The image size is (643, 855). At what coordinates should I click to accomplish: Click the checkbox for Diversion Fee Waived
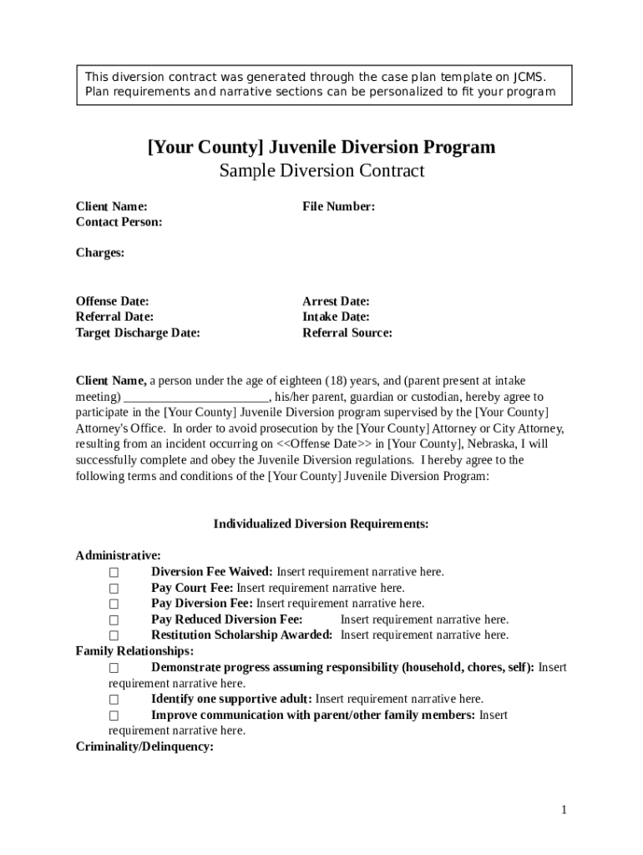(x=114, y=573)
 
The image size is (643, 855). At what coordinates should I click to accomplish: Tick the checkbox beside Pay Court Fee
(x=114, y=589)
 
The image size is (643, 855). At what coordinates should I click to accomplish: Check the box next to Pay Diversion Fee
(x=114, y=605)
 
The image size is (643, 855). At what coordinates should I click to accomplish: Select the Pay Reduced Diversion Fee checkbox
(x=114, y=620)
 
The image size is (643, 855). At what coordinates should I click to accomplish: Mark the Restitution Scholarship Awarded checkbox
(x=114, y=636)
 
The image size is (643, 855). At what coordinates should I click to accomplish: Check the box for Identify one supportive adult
(x=114, y=700)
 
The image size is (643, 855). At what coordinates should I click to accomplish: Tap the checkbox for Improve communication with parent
(x=114, y=716)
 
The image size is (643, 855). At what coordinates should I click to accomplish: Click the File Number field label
(x=338, y=206)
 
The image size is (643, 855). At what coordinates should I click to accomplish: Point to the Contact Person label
(x=119, y=222)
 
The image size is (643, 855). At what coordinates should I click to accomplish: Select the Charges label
(x=100, y=253)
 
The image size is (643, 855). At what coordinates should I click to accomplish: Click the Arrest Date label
(x=336, y=301)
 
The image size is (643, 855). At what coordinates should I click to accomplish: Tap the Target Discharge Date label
(x=138, y=333)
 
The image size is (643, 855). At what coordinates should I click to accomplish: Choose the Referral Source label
(x=347, y=333)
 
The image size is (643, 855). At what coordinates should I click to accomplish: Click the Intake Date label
(x=336, y=317)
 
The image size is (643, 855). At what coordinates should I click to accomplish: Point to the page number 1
(x=565, y=810)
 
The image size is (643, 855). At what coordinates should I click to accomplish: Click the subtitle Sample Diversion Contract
(x=321, y=171)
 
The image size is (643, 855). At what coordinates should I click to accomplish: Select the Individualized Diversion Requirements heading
(x=321, y=524)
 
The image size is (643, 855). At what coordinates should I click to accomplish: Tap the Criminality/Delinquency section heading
(x=144, y=747)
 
